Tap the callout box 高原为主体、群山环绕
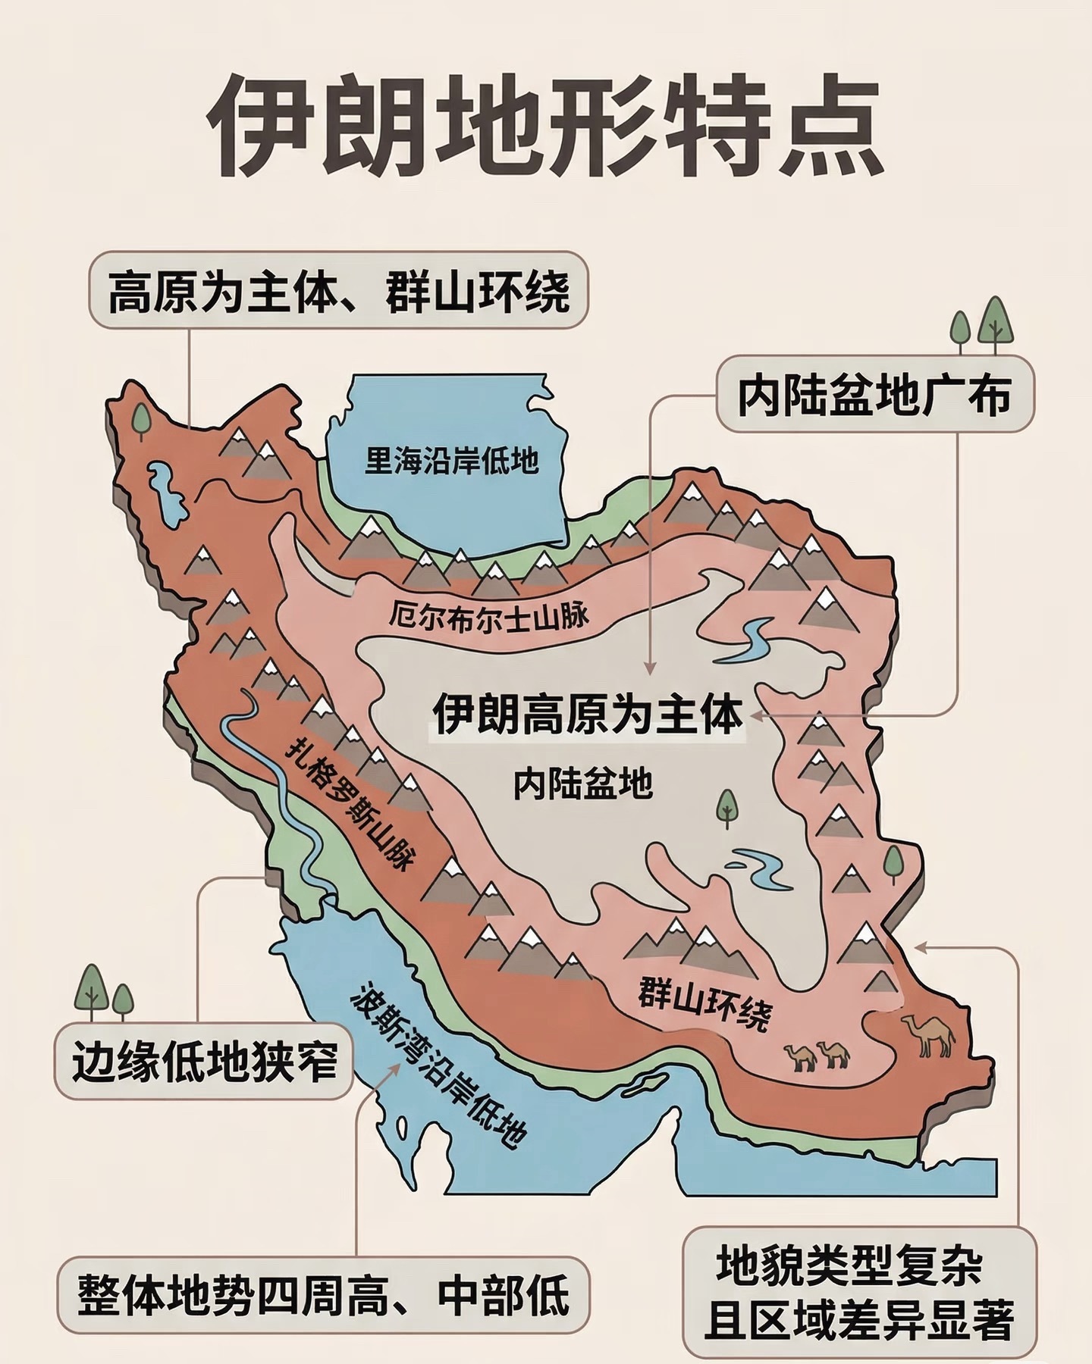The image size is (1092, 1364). coord(338,290)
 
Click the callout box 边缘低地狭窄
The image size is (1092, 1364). coord(203,1061)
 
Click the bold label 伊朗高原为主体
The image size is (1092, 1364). coord(587,715)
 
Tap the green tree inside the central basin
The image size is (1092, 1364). coord(726,807)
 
